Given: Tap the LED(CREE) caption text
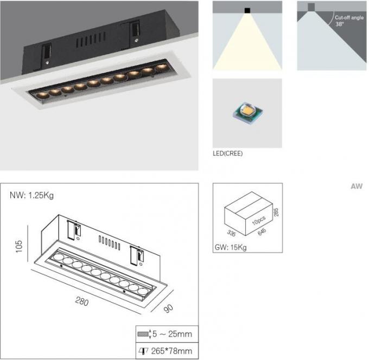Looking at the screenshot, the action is point(227,153).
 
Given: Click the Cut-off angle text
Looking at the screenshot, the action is point(349,18).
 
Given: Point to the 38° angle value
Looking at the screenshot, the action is point(340,24).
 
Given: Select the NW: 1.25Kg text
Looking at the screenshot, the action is point(32,195).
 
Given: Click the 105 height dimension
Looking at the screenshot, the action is point(19,247).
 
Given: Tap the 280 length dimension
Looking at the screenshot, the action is point(82,301).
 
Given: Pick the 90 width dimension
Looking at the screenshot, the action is point(168,308).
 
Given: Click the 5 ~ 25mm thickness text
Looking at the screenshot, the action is point(172,334).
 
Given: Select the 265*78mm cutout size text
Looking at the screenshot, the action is point(171,351).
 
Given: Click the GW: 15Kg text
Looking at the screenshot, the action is point(231,247).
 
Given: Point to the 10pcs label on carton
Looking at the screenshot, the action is point(259,220).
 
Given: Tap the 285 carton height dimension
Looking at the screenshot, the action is point(276,212).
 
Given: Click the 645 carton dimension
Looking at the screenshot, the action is point(262,232).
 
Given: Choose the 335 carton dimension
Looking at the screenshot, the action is point(231,233).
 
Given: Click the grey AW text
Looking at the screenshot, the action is point(357,187).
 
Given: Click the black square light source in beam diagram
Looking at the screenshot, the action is point(247,10).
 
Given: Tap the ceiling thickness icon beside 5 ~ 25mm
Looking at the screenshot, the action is point(144,334).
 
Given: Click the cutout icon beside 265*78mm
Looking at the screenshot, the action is point(143,351).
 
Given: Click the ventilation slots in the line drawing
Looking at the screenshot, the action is point(110,243).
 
